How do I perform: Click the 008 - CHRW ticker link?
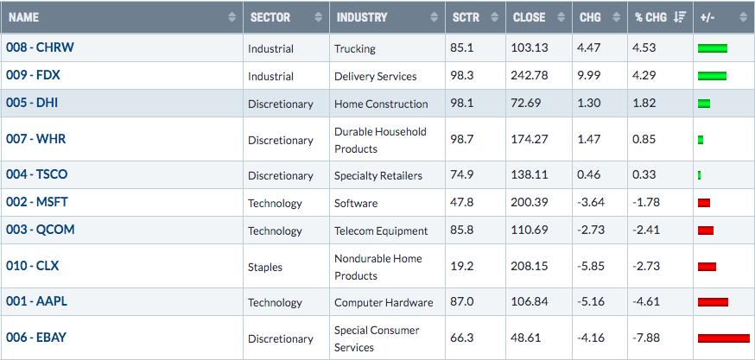40,47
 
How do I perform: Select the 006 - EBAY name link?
36,338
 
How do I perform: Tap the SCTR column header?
466,17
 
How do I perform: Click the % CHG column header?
650,17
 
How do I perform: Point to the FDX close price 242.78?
530,76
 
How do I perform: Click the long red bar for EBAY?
724,338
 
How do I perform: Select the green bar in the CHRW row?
713,48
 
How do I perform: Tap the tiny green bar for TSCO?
699,175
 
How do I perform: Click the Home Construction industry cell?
381,104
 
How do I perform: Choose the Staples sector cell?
265,267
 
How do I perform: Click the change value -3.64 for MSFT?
591,202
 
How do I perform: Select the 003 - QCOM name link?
40,230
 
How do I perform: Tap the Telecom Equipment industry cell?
381,231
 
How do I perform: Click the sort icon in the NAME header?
232,17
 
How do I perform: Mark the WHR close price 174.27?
530,139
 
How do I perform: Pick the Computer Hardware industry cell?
384,302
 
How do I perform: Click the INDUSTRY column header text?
362,17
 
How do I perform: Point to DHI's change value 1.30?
588,103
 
